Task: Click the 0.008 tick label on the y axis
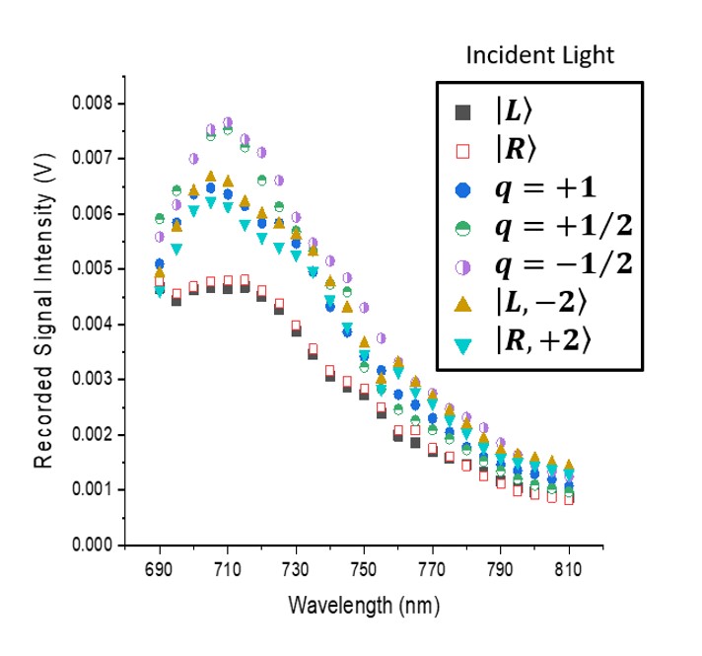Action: tap(91, 104)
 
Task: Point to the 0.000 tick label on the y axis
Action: tap(91, 545)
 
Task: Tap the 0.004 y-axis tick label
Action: tap(91, 325)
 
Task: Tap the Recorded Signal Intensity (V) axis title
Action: tap(44, 324)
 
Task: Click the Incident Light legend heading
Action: tap(539, 55)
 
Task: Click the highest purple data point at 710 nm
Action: tap(228, 122)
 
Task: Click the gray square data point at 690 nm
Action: tap(160, 290)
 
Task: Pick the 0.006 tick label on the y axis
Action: tap(91, 214)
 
